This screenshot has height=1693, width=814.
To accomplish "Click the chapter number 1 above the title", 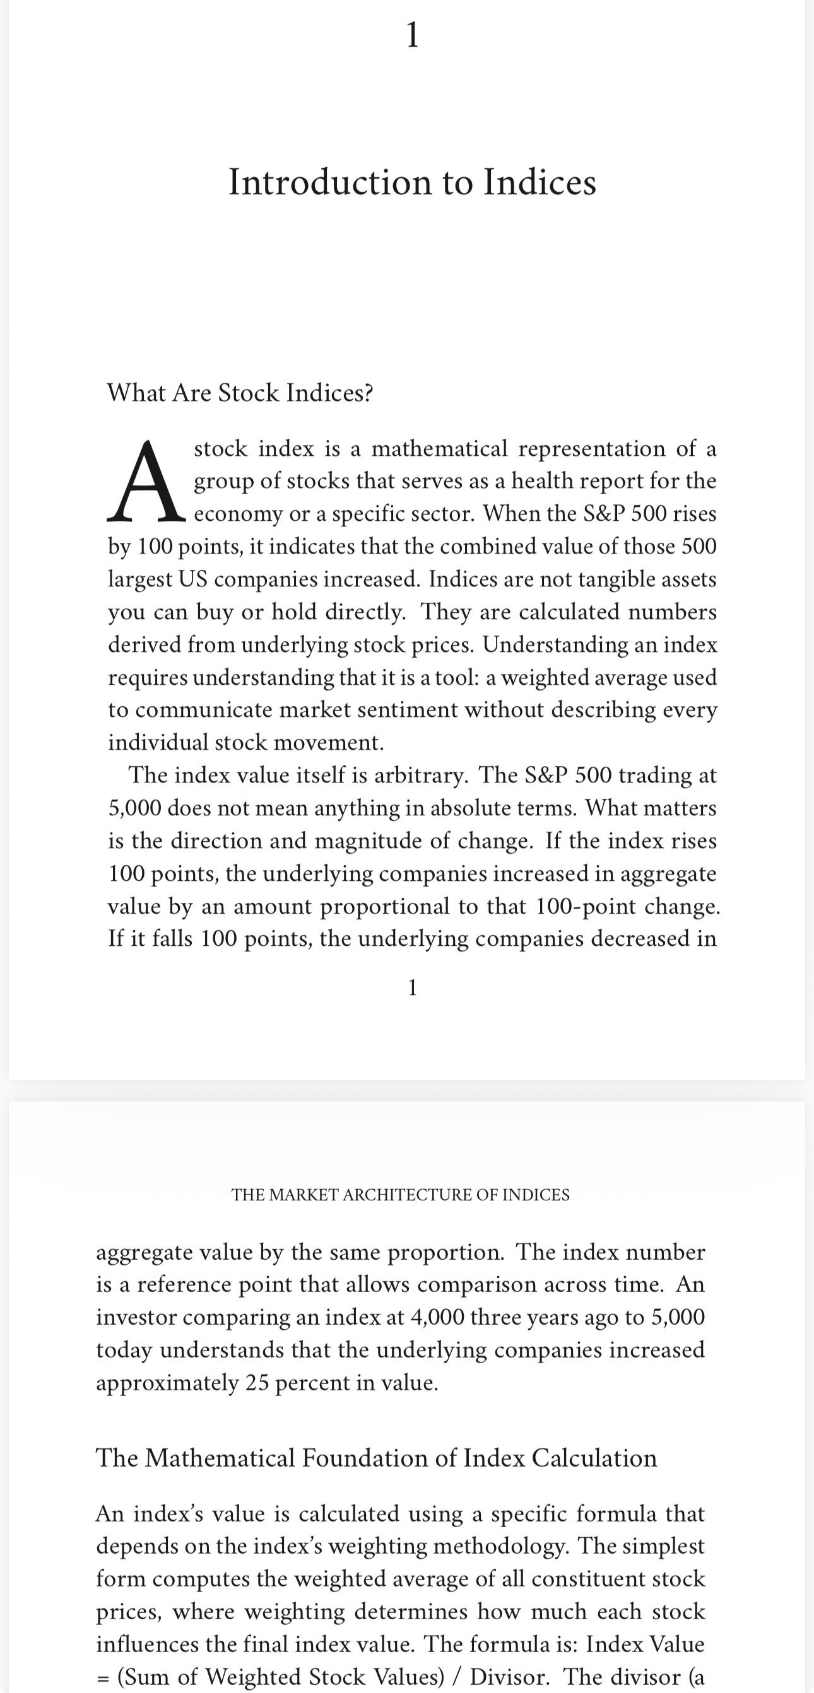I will click(x=411, y=34).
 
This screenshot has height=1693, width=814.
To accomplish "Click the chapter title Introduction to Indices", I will click(x=412, y=182).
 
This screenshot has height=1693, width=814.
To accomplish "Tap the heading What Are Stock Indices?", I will click(x=240, y=393).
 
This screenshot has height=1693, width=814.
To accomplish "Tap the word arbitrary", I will click(x=421, y=776).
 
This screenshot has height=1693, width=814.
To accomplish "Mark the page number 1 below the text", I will click(x=412, y=988).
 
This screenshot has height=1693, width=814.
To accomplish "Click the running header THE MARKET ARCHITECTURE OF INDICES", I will click(x=401, y=1195).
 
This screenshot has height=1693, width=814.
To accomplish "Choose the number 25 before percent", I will click(x=257, y=1383).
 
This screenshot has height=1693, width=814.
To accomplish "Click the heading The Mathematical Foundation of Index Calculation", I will click(x=376, y=1458).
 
